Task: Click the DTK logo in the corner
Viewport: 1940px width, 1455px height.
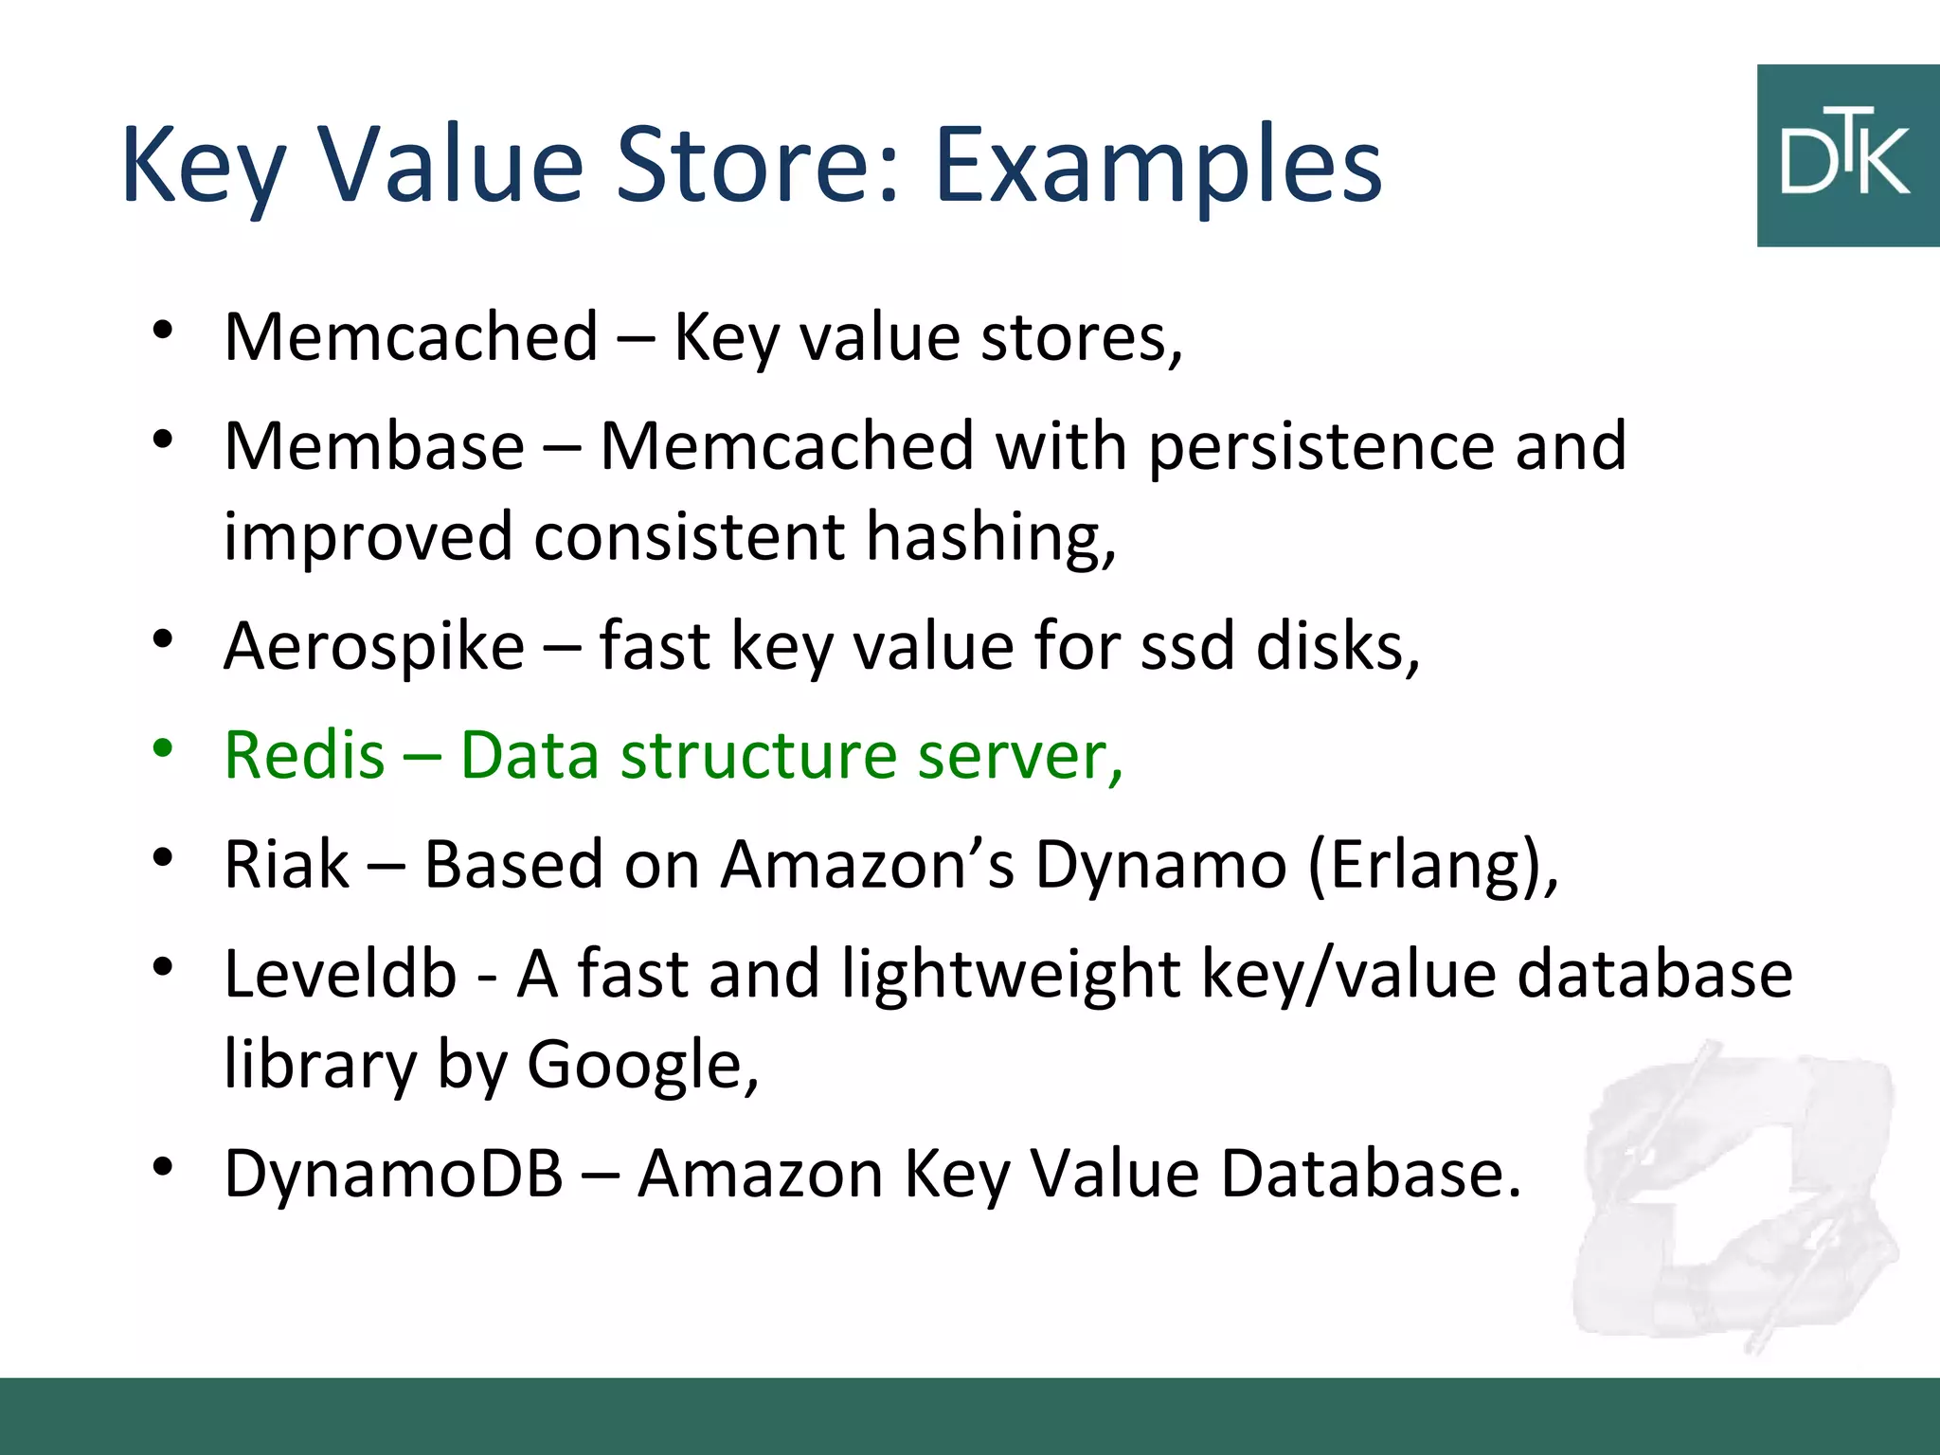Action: point(1847,156)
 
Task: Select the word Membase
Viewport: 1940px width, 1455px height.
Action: point(374,446)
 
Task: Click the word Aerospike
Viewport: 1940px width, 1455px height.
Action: point(374,647)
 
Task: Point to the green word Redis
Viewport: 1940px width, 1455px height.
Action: point(304,756)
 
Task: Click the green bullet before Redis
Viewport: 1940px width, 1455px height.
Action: point(163,748)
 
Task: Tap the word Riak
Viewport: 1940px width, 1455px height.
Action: point(286,865)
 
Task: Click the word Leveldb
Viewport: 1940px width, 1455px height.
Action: point(340,975)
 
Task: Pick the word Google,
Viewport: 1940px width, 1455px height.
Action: point(643,1066)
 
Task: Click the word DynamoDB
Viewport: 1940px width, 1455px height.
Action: point(393,1175)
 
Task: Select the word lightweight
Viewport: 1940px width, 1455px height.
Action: point(1011,976)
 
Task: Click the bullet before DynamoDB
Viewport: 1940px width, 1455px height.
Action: point(163,1167)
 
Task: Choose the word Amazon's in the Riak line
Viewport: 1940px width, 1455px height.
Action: point(867,865)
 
